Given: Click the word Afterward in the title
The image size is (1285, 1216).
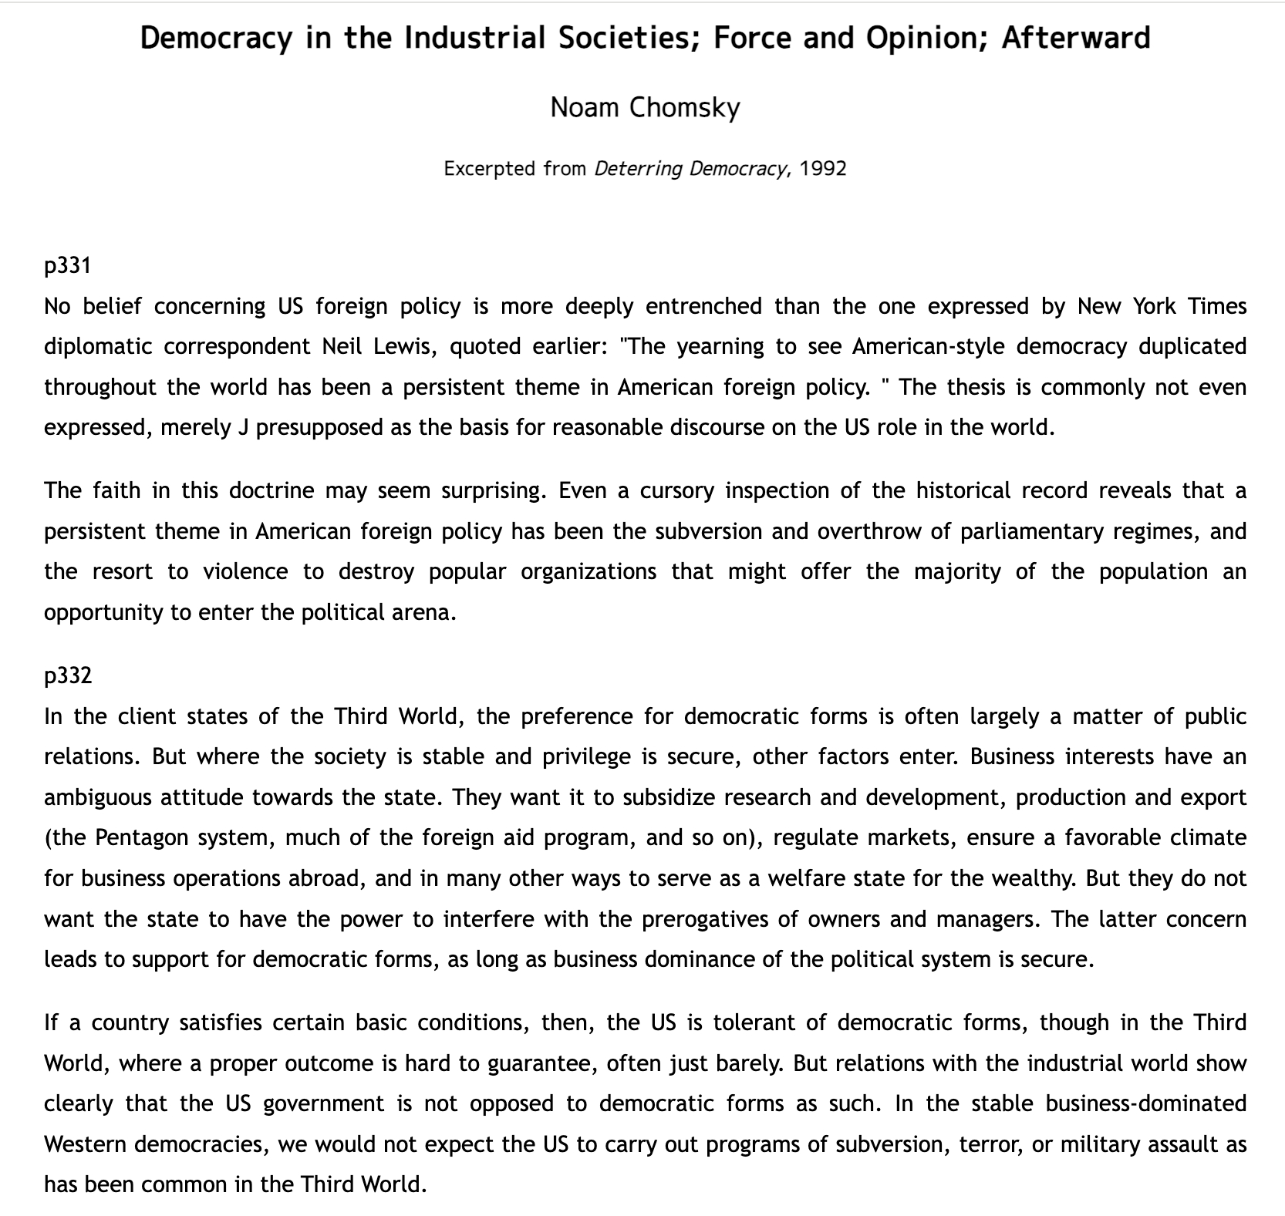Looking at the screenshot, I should tap(1075, 38).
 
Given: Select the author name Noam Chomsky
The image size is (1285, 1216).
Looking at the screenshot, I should tap(645, 107).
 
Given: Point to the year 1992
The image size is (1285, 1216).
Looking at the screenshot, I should tap(823, 168).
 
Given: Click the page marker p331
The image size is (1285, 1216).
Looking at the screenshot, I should tap(68, 265).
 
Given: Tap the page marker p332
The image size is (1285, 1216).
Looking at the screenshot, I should tap(68, 675).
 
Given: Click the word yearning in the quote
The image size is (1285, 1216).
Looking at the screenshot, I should tap(720, 346).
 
